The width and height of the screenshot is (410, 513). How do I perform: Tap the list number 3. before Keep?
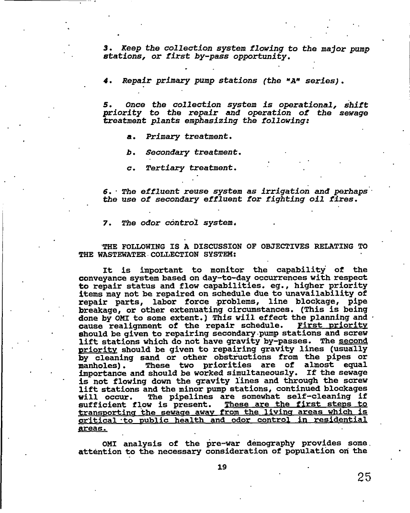coord(107,49)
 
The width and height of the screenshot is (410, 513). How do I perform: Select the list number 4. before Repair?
coord(106,81)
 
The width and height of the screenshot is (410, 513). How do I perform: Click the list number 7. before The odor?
coord(106,223)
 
